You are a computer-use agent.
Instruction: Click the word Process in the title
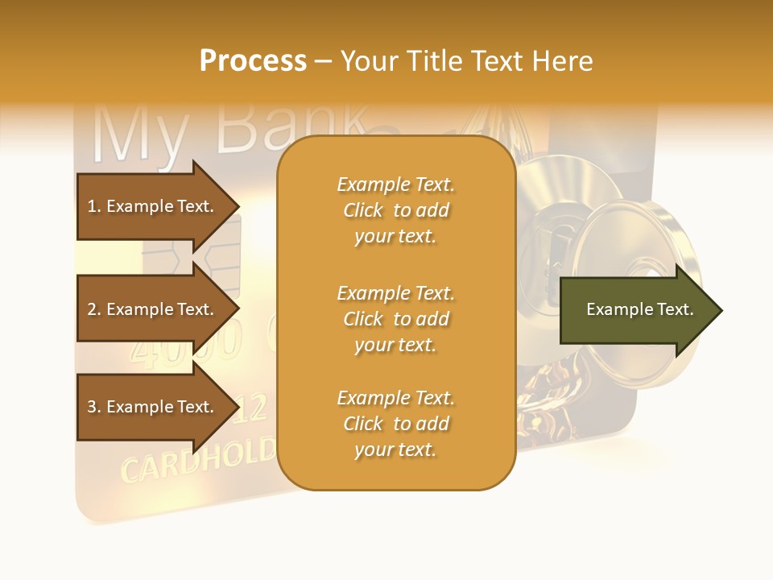253,61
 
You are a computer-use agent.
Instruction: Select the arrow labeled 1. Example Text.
153,206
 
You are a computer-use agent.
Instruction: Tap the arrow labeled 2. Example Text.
153,309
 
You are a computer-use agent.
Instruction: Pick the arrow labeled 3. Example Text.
153,407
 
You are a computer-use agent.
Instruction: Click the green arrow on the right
636,309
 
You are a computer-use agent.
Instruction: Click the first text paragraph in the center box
395,210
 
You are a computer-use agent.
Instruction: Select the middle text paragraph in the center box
395,319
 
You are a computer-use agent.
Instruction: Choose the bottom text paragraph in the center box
395,424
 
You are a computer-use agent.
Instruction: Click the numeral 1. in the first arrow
93,206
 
